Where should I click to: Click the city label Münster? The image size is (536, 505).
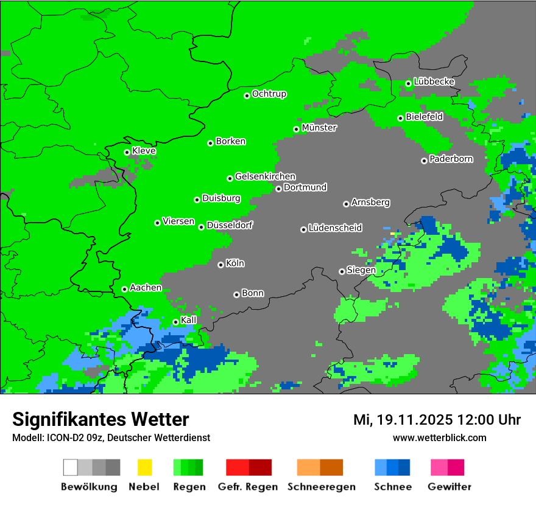click(319, 128)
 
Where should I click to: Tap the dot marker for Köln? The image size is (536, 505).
click(220, 265)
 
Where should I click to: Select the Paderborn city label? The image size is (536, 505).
click(451, 159)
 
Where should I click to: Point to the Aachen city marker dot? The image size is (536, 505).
click(124, 289)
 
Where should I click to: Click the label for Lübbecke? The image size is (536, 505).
click(434, 82)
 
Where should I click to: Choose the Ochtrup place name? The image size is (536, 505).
click(269, 94)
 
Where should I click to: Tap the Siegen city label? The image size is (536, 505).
click(361, 270)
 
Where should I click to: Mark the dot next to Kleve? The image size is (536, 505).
click(127, 152)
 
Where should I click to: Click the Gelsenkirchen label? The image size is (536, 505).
click(265, 176)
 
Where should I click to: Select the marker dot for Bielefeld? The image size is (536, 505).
click(400, 118)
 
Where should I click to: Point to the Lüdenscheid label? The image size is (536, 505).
click(335, 228)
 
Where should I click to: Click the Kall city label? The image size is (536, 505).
click(189, 320)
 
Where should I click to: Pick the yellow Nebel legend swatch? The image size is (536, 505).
click(144, 467)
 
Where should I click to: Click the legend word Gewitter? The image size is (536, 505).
click(450, 487)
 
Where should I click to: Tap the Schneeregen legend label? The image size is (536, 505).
click(320, 487)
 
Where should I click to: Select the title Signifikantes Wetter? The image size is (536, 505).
click(100, 419)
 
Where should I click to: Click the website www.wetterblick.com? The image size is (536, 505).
click(439, 437)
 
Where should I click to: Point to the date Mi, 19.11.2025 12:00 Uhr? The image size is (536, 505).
click(437, 420)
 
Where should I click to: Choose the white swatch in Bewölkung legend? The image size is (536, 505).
click(71, 467)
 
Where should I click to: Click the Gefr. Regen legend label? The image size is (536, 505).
click(248, 487)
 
